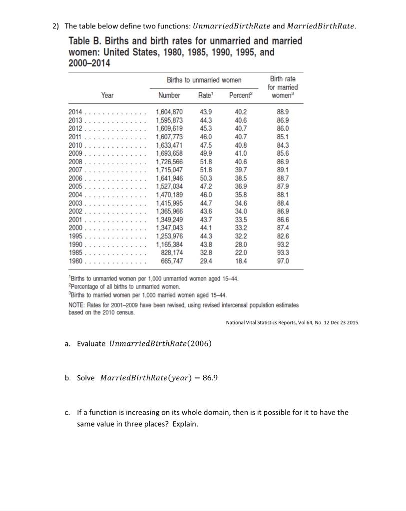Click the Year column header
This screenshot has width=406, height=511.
click(x=107, y=95)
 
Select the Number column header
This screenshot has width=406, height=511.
click(x=169, y=95)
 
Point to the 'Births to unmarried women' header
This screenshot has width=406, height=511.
click(x=204, y=80)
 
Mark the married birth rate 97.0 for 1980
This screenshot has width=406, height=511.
click(x=282, y=260)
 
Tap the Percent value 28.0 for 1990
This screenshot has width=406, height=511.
click(x=241, y=245)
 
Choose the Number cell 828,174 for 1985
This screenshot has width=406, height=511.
click(x=172, y=253)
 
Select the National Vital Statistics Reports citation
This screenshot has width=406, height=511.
click(x=292, y=322)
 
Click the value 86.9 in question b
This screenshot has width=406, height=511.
click(x=208, y=378)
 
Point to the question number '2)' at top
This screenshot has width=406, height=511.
click(x=56, y=26)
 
